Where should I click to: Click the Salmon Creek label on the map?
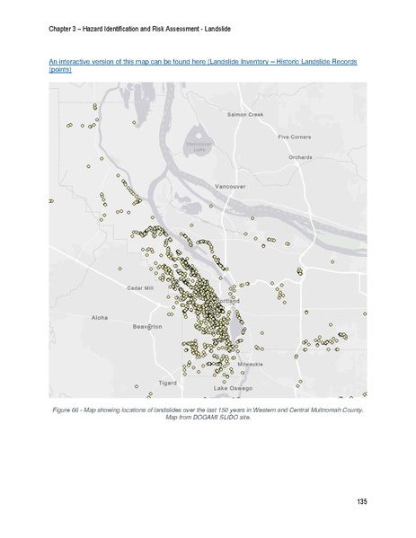point(244,115)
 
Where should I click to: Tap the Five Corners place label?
point(294,137)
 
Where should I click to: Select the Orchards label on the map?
point(300,157)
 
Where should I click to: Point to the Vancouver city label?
point(230,186)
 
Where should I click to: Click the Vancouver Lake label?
point(197,146)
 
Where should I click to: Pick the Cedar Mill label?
point(140,287)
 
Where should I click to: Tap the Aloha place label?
point(100,318)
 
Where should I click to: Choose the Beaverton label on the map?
point(147,327)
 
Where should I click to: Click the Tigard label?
point(168,383)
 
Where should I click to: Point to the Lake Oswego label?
point(233,388)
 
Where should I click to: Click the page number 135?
point(361,501)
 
